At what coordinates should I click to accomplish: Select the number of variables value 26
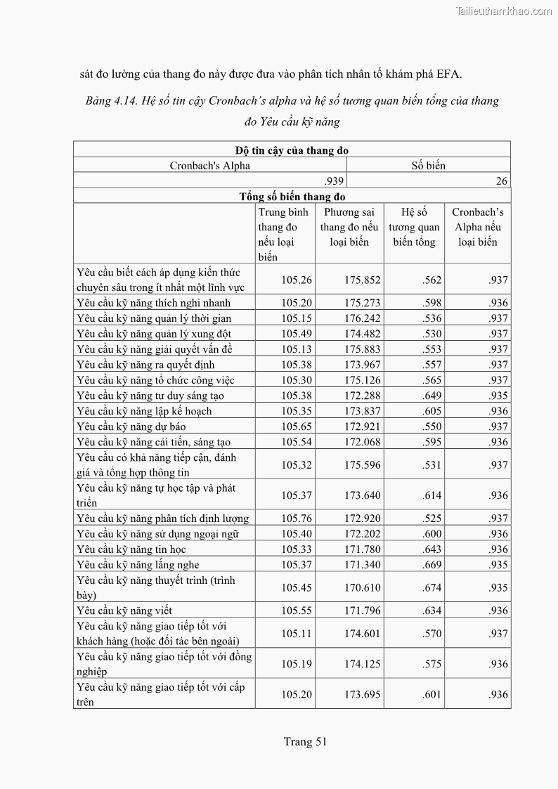tap(501, 181)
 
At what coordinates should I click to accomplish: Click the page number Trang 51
tap(306, 741)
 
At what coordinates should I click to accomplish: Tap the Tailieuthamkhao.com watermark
tap(504, 11)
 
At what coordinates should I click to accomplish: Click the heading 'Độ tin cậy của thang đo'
tap(292, 150)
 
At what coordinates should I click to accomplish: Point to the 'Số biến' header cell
tap(429, 166)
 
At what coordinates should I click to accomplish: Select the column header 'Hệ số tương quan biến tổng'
tap(414, 227)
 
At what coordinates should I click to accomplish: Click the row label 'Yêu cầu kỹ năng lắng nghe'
tap(138, 565)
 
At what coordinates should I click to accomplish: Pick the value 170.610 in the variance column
tap(363, 588)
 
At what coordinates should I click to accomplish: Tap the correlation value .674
tap(432, 588)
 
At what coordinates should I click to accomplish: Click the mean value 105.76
tap(297, 519)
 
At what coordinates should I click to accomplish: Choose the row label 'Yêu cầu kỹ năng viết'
tap(124, 611)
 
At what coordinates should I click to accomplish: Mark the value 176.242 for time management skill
tap(363, 318)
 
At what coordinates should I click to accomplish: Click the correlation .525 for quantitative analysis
tap(432, 519)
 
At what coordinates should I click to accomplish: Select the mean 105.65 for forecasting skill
tap(297, 426)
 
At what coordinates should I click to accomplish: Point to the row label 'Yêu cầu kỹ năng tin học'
tap(131, 549)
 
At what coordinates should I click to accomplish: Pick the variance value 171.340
tap(363, 565)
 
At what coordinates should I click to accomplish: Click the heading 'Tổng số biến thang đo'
tap(292, 197)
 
